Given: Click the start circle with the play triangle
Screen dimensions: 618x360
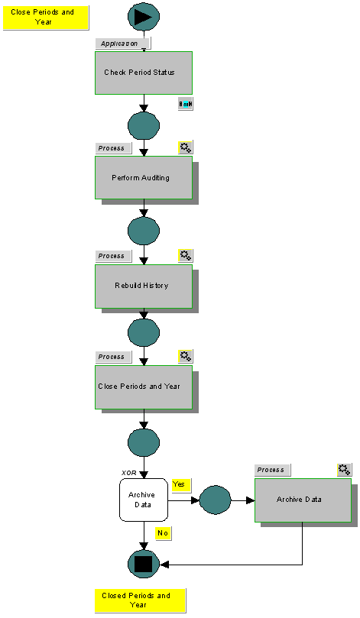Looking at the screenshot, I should pos(144,16).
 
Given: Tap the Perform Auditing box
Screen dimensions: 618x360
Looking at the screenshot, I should pos(143,177).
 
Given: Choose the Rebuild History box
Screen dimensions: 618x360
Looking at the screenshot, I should pos(143,286).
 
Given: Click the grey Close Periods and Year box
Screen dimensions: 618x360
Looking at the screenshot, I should pos(143,387).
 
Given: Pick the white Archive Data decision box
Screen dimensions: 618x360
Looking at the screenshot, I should pos(143,500).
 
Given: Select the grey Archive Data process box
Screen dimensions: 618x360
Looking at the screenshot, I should pos(303,500).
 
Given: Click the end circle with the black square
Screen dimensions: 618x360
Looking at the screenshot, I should pos(144,564).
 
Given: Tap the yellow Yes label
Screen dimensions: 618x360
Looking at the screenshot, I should pos(181,485).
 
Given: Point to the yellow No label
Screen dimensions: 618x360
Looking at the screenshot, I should pos(163,532).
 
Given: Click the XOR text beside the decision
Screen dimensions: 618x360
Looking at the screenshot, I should pos(129,473).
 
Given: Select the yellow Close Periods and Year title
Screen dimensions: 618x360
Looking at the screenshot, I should pos(46,17).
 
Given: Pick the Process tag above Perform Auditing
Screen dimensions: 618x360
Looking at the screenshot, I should pos(113,147).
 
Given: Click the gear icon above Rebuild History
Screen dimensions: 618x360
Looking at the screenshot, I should pos(186,255).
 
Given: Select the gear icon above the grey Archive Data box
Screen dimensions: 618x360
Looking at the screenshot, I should pos(345,470).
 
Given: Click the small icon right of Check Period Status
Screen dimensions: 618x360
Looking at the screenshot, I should pos(186,103).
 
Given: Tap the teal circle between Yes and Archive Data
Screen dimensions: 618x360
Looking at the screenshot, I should pos(215,500).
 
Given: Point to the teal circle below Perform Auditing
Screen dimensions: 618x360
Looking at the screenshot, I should pos(144,230).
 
